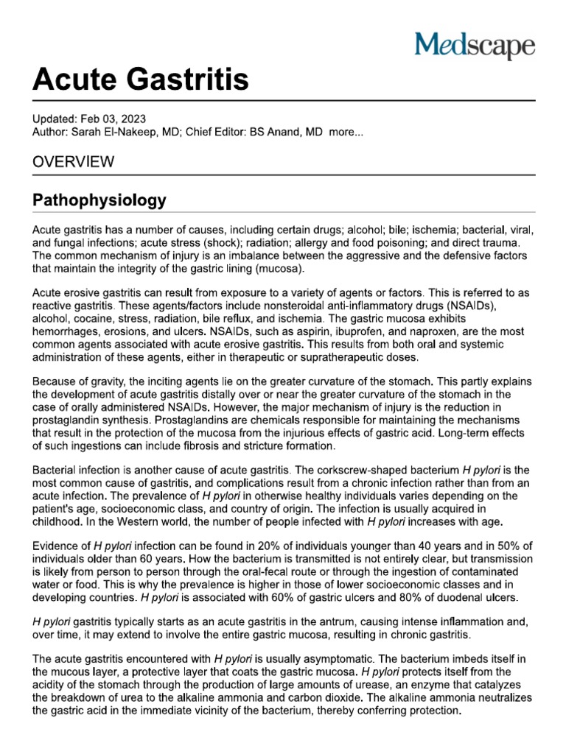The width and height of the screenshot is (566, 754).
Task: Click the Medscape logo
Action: (x=475, y=46)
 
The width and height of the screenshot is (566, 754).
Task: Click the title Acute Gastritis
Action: (x=140, y=79)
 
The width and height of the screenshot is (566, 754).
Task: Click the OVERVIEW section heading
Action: (x=73, y=162)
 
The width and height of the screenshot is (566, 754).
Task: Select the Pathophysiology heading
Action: (x=99, y=200)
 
